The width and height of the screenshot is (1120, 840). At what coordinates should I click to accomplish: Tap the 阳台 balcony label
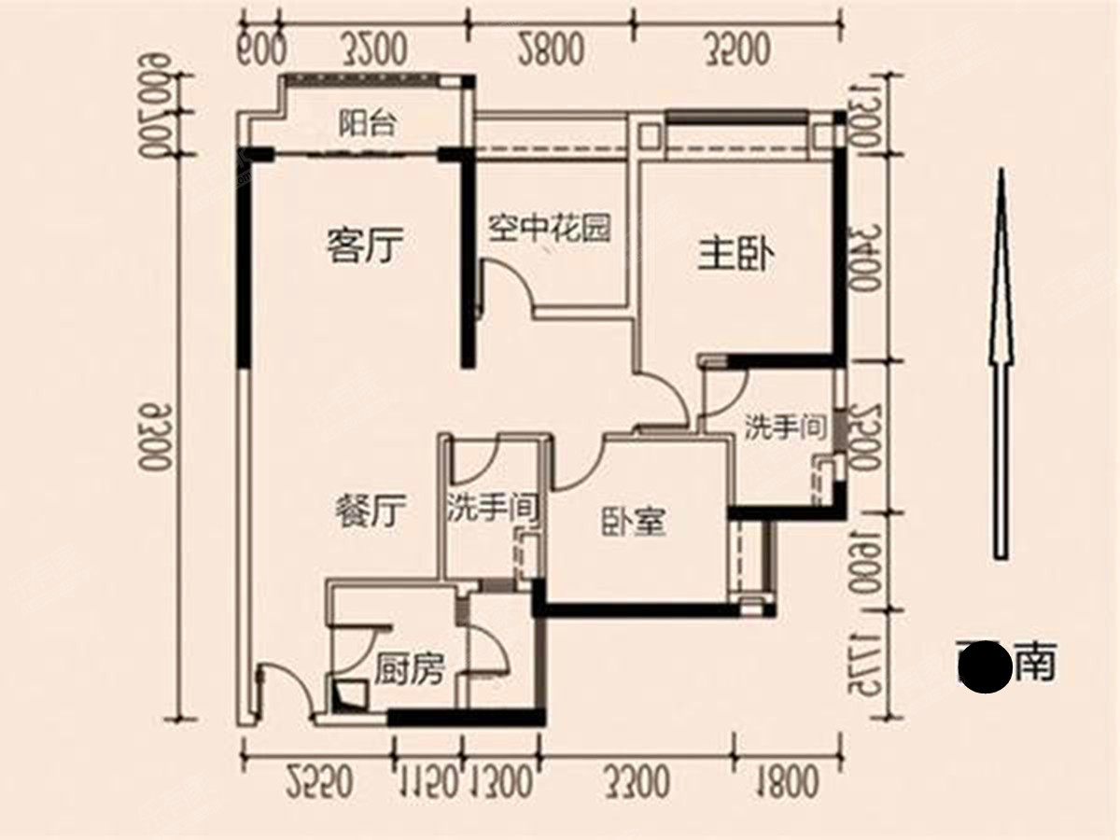(365, 124)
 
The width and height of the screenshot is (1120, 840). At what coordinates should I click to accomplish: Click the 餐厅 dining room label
(370, 512)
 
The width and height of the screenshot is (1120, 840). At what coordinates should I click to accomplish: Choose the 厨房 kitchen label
(410, 669)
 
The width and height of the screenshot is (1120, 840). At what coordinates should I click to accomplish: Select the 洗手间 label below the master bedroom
(786, 427)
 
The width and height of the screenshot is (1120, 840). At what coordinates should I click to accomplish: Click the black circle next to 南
(985, 667)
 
